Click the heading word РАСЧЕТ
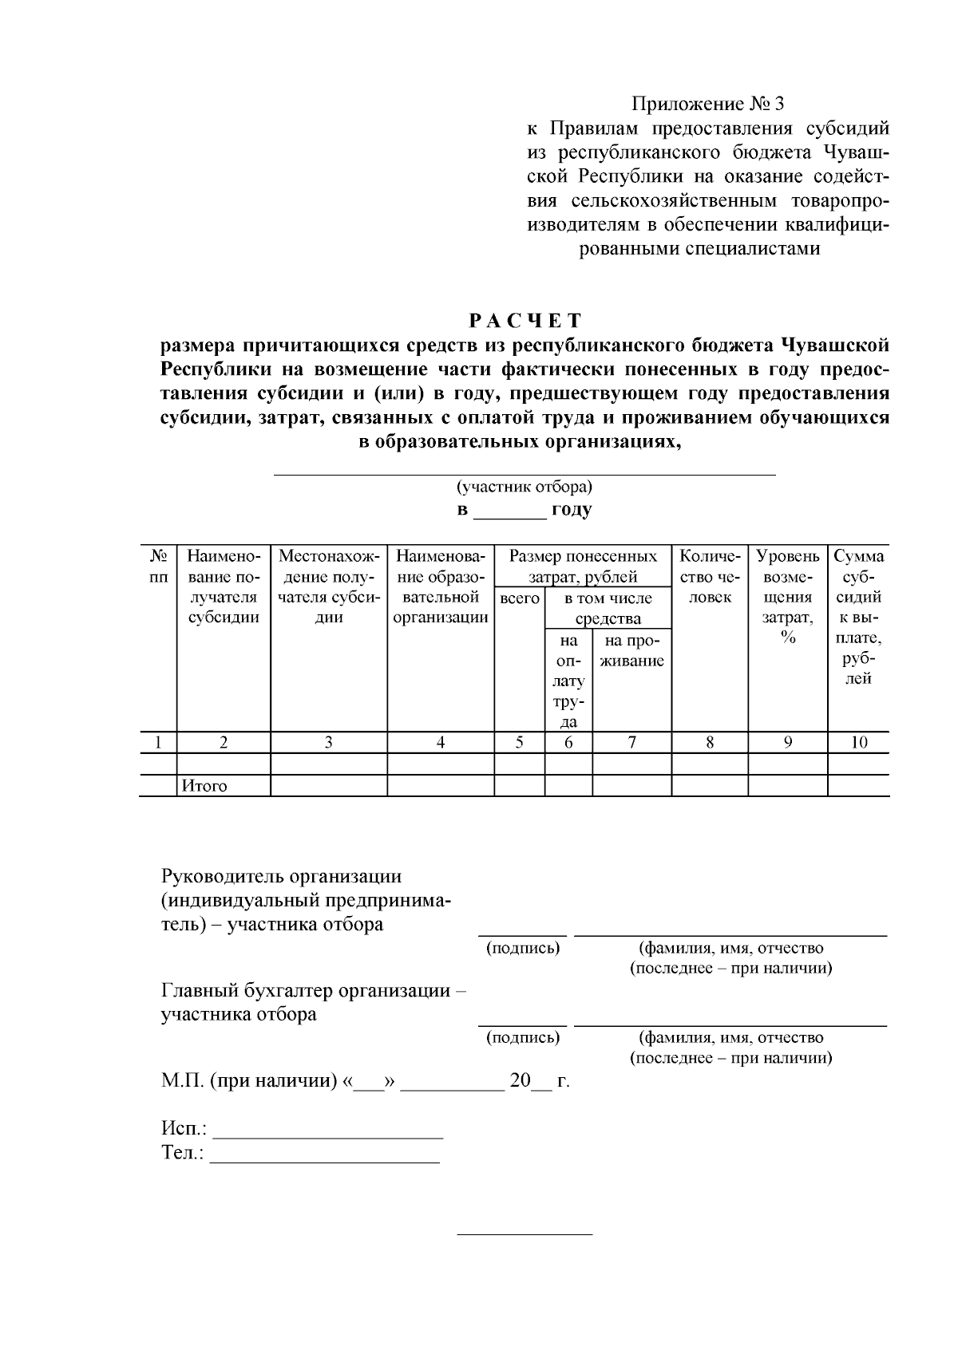[525, 321]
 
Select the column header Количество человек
[709, 576]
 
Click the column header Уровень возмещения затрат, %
[787, 596]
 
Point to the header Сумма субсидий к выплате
[858, 617]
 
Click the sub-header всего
[519, 598]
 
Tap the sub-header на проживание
[631, 650]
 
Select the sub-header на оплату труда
[568, 681]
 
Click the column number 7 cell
[631, 742]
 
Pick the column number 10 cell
[858, 742]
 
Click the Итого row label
[204, 786]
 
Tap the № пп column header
[158, 566]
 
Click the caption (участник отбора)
[524, 486]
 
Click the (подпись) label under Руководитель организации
[523, 948]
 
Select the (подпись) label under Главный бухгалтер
[523, 1037]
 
